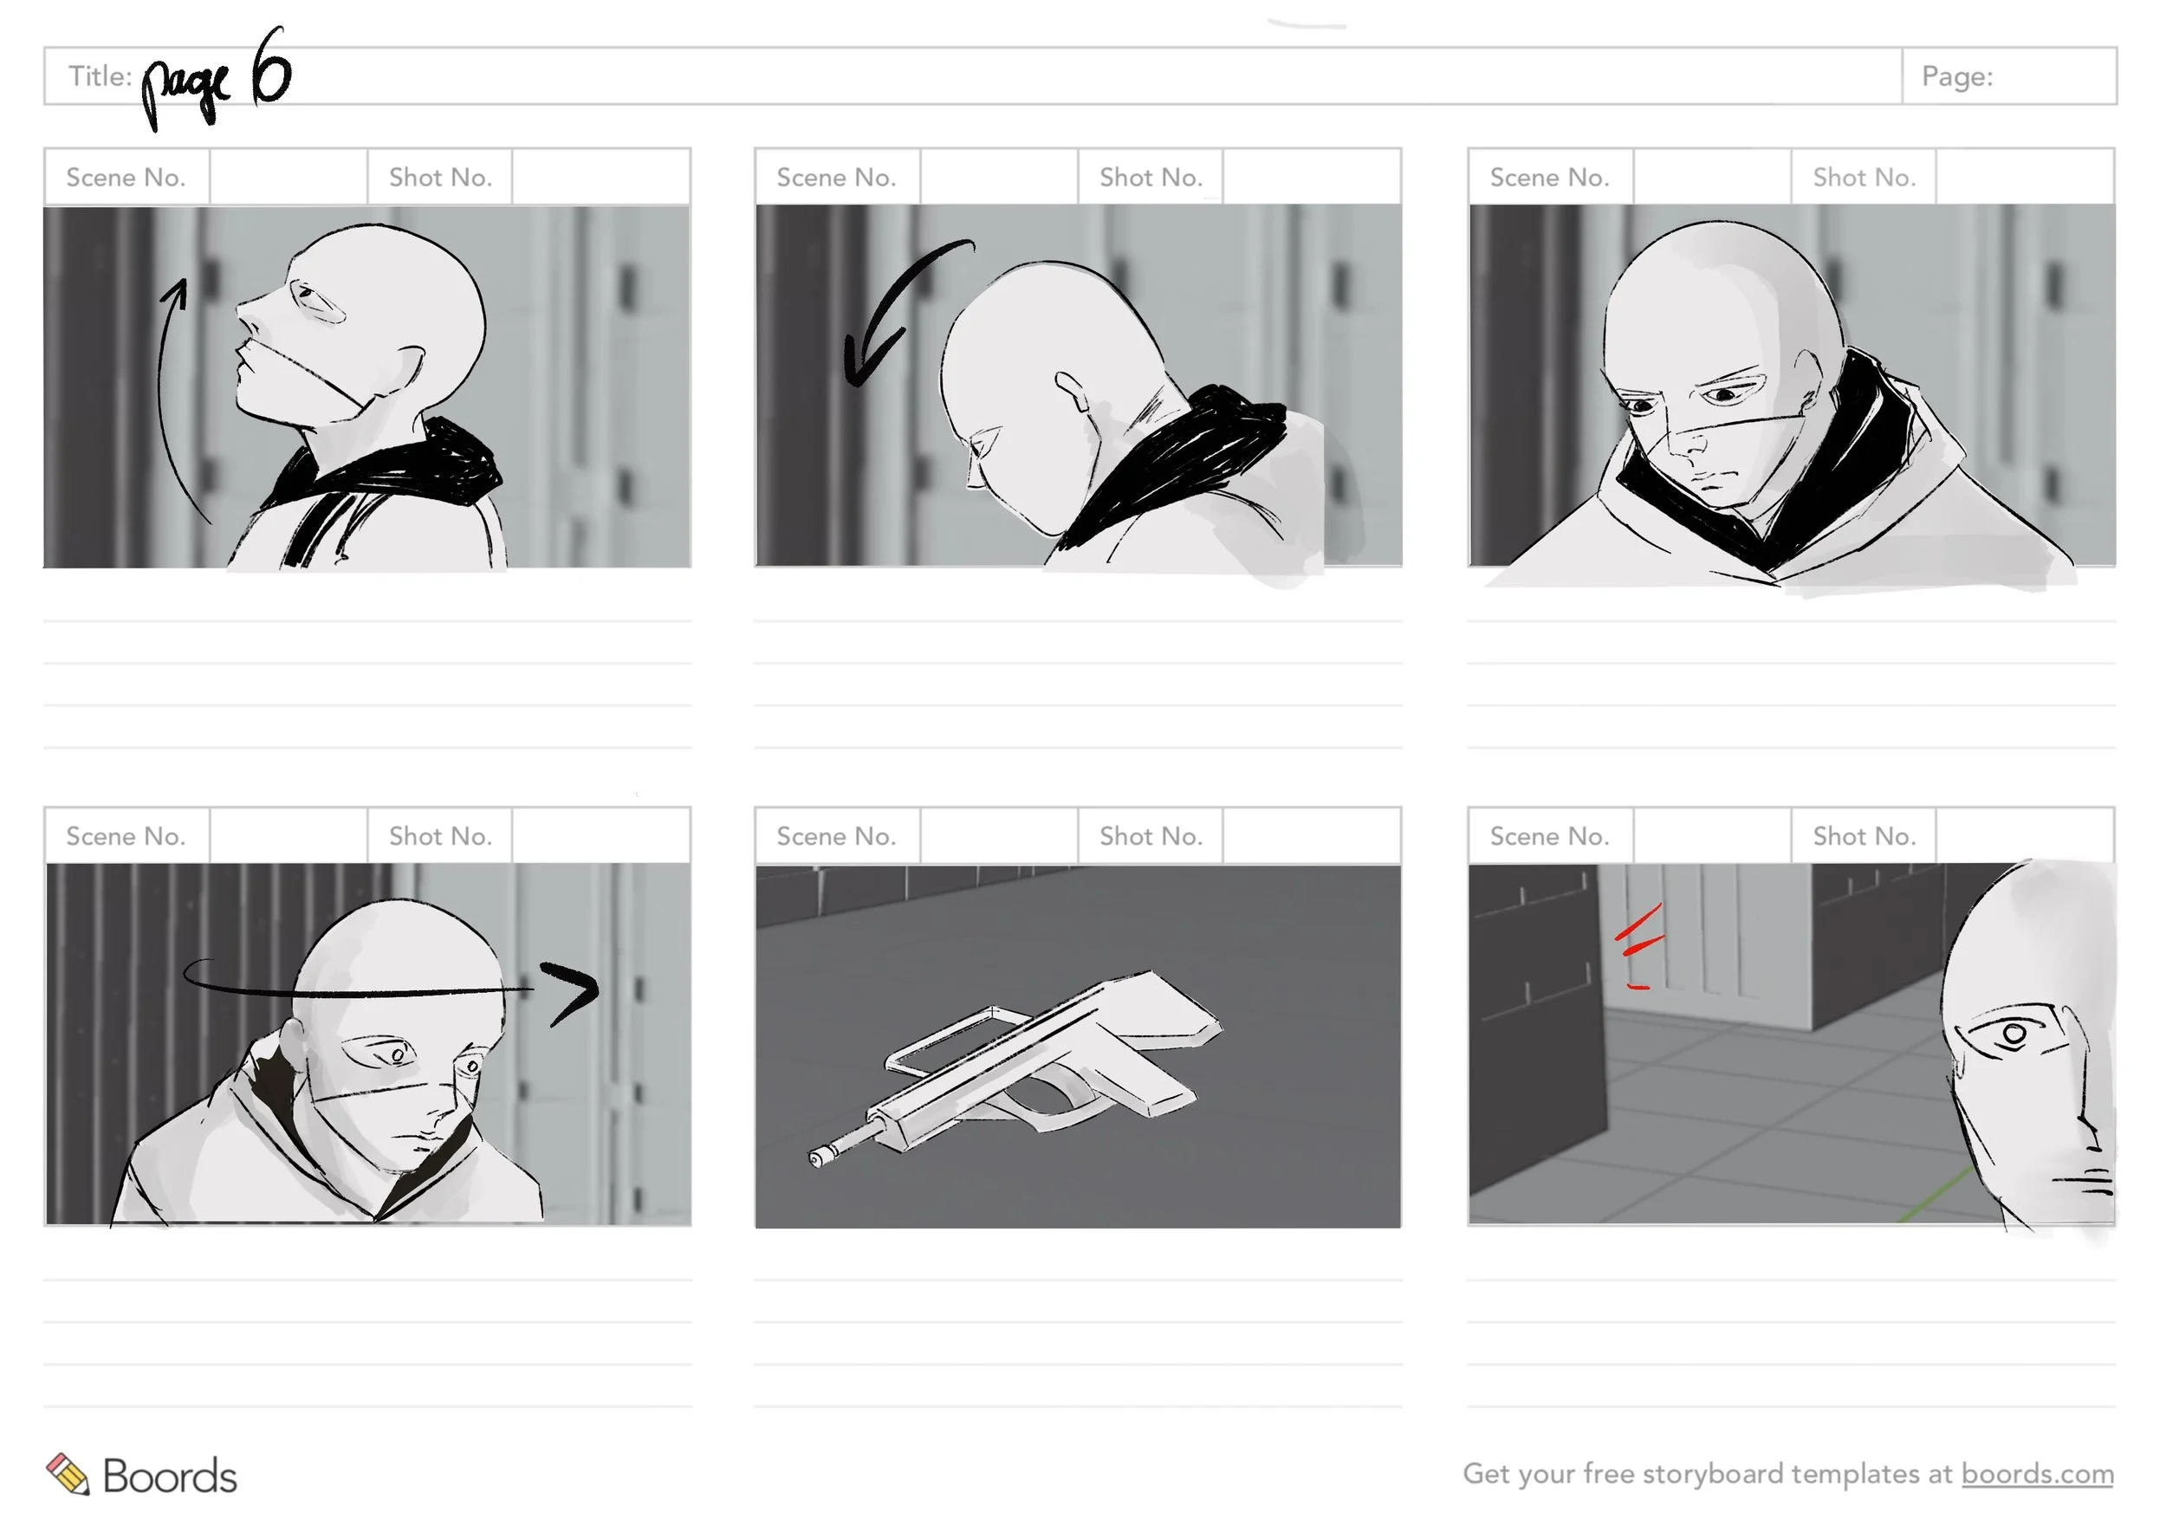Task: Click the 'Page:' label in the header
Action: (1957, 76)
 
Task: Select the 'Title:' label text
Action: (100, 75)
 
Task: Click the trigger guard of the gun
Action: (1057, 1104)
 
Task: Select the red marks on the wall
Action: (1638, 944)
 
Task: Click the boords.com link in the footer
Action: (2037, 1474)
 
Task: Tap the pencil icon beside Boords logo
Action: (68, 1474)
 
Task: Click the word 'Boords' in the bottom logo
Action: (170, 1476)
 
